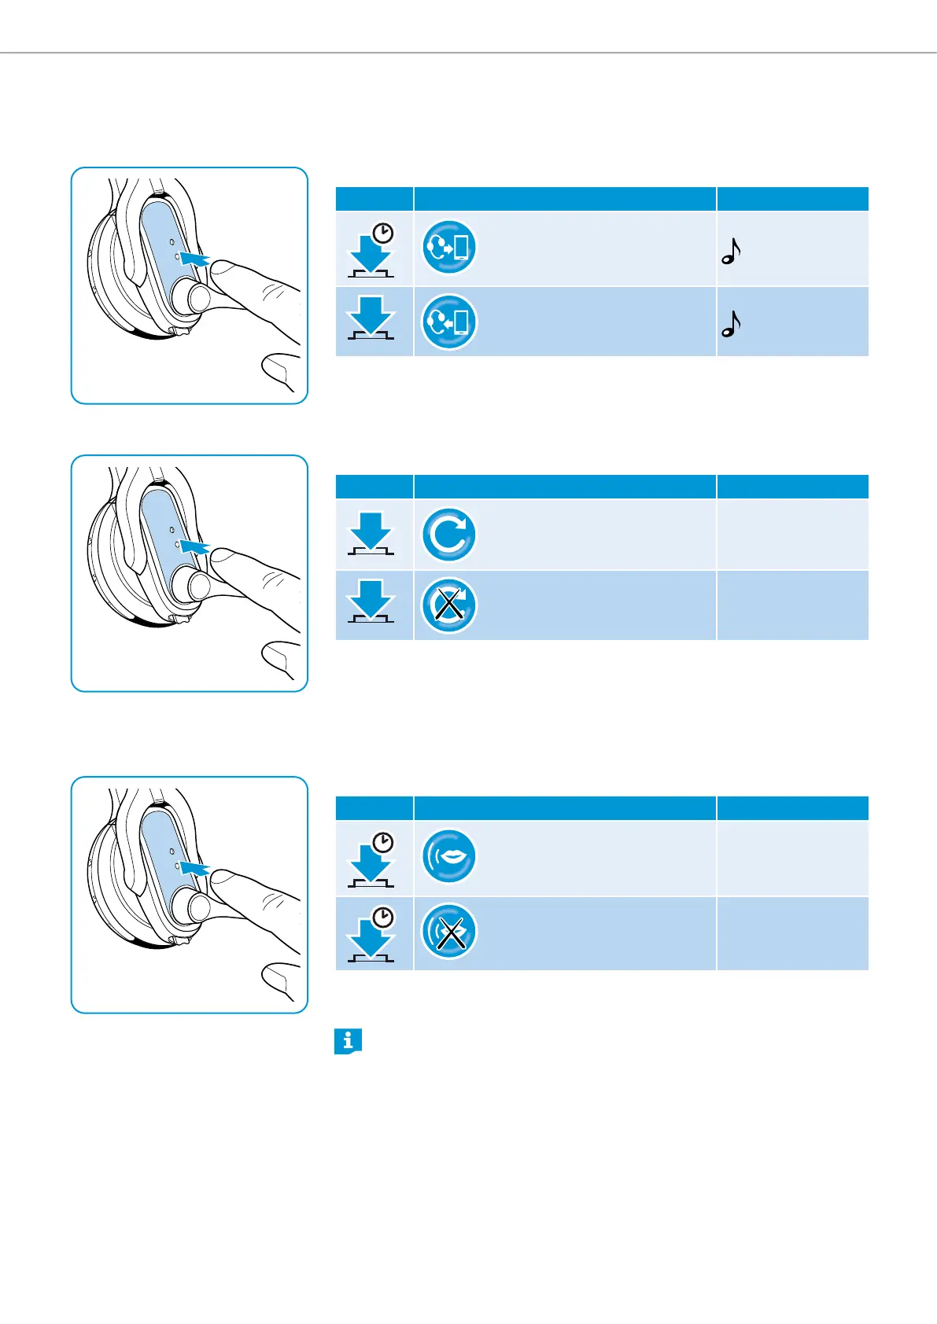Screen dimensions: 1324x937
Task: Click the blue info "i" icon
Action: click(348, 1041)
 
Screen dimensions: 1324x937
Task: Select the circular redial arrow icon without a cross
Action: click(448, 535)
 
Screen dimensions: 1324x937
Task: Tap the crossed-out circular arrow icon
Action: click(448, 605)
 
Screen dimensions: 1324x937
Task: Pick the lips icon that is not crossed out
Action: click(448, 856)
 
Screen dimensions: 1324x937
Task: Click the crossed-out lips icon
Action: click(448, 931)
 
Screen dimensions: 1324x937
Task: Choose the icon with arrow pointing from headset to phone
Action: click(448, 247)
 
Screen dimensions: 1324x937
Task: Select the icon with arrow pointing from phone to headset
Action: click(448, 322)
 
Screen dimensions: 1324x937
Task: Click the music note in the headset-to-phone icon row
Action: click(731, 251)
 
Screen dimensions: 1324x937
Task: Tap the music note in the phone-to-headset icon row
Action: click(731, 324)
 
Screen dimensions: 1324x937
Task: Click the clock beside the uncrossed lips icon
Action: click(383, 844)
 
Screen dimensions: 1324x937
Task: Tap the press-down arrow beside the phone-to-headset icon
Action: click(371, 315)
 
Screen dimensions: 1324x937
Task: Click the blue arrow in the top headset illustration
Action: click(194, 259)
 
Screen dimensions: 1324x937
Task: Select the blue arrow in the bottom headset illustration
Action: click(194, 869)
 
